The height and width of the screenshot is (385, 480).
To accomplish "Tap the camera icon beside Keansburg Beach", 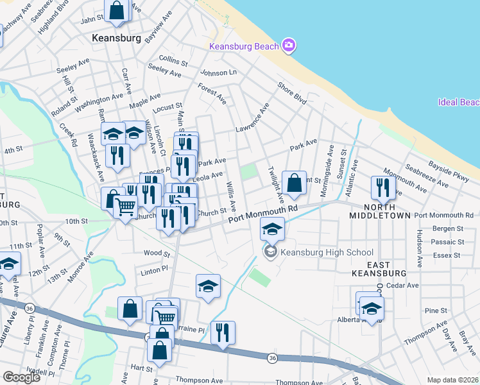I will (x=289, y=45).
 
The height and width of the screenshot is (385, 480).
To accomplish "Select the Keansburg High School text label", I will (x=327, y=252).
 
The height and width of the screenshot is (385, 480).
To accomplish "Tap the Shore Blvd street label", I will (x=291, y=93).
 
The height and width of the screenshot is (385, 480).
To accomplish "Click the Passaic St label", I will (x=449, y=242).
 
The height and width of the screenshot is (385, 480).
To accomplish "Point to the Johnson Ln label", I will (x=218, y=73).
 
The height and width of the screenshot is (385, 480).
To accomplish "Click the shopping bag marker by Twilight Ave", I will (x=294, y=183).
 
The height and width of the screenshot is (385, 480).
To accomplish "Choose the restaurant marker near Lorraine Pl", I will (x=223, y=332).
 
